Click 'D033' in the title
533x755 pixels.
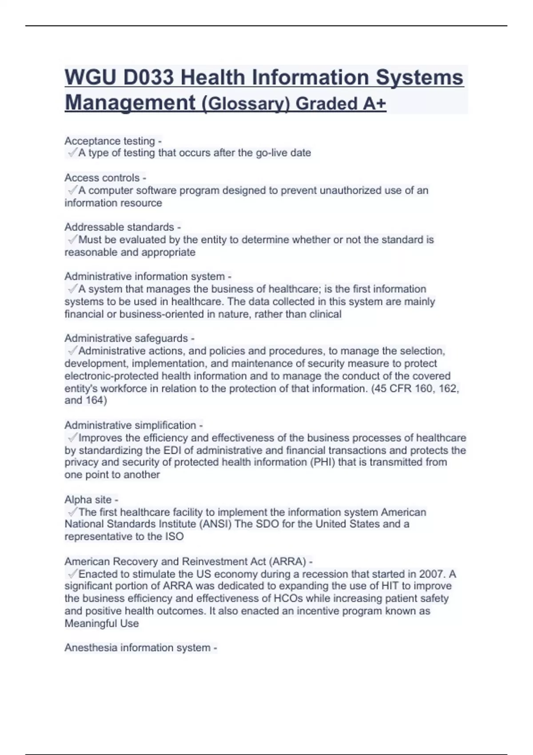(x=148, y=78)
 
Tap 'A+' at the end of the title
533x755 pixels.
(x=374, y=103)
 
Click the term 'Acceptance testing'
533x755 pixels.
(x=110, y=141)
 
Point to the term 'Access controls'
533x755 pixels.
(x=102, y=178)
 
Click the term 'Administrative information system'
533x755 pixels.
(x=144, y=276)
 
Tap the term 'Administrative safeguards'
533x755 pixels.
(x=126, y=338)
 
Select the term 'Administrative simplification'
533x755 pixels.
(x=130, y=425)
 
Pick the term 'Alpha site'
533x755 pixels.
(x=88, y=500)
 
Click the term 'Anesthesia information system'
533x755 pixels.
(x=137, y=648)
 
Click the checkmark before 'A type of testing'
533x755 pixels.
(x=72, y=153)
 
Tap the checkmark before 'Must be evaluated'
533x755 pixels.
(x=72, y=240)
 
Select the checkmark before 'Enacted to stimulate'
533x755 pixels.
(x=72, y=574)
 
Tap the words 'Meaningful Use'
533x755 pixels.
(x=102, y=624)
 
